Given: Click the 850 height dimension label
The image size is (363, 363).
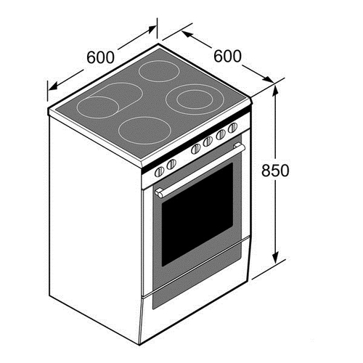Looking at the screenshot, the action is [x=275, y=170].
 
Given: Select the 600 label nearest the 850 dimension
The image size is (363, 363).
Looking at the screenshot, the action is [x=227, y=56].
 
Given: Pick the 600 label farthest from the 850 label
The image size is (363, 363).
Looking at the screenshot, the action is [x=100, y=57].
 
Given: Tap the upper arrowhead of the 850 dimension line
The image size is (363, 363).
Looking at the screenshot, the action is [x=276, y=91].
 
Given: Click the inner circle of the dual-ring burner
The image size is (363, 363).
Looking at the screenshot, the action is [x=195, y=99].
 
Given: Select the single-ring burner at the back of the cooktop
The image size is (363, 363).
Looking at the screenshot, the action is [x=159, y=71].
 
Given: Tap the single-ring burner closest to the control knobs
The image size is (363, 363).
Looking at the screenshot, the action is [x=144, y=131].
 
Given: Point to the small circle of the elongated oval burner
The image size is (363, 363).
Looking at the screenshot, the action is [x=98, y=107].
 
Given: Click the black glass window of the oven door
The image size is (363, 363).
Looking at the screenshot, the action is [x=197, y=215].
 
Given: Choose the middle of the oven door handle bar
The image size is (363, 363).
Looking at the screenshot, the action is [x=200, y=168].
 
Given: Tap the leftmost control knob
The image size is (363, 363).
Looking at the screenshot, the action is [x=160, y=171].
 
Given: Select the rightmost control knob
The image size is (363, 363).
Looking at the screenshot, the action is [x=233, y=128].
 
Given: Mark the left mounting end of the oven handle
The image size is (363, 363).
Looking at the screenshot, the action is [x=159, y=193].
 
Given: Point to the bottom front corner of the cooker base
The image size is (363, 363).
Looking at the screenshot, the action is [x=140, y=345].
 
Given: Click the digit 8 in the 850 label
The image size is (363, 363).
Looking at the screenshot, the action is [x=266, y=170].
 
